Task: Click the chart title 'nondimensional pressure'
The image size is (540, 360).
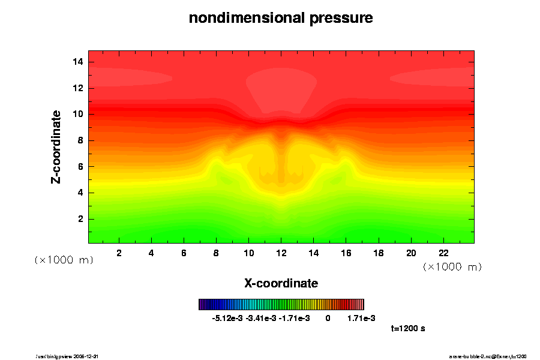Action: (x=281, y=18)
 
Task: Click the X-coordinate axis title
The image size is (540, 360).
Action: (x=281, y=283)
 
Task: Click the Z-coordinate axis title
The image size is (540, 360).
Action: (x=56, y=146)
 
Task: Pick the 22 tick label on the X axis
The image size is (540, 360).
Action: (x=443, y=253)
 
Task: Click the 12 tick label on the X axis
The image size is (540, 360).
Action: (x=281, y=253)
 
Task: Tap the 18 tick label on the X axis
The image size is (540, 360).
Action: (x=378, y=253)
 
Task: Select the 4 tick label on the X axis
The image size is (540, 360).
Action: (x=151, y=253)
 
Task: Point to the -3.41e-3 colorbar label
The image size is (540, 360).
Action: (x=262, y=318)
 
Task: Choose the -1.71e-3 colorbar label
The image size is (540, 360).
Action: (x=295, y=318)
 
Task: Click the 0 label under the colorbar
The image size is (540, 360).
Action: (x=328, y=318)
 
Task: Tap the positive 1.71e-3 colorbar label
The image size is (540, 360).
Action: (x=361, y=318)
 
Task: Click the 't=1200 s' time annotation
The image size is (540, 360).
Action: (x=408, y=329)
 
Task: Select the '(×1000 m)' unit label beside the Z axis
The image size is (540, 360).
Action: (x=64, y=260)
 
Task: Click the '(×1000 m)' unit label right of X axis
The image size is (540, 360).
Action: (x=452, y=266)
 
